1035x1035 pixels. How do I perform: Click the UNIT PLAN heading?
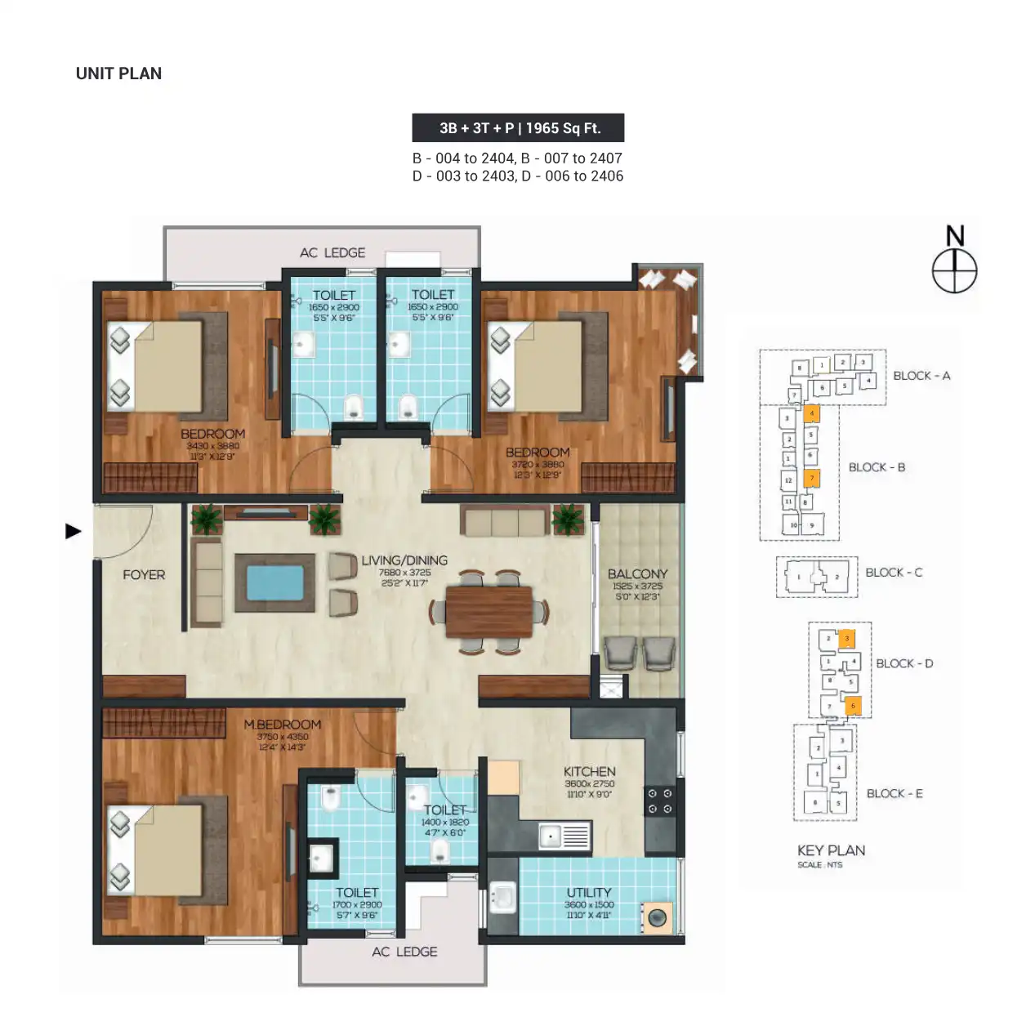[118, 74]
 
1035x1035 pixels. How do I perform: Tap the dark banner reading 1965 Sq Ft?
[518, 128]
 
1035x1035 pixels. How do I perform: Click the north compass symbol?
[954, 269]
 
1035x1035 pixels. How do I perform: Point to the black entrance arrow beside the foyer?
[74, 532]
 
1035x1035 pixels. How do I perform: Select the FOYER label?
[144, 575]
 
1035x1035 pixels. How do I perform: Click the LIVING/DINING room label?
[404, 560]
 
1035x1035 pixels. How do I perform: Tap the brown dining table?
[489, 612]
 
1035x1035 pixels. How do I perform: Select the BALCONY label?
[637, 574]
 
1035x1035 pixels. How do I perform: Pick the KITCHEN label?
[589, 772]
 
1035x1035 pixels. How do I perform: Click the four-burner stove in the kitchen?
[660, 801]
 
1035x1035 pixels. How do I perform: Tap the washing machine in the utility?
[657, 918]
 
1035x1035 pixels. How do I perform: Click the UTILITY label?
[589, 893]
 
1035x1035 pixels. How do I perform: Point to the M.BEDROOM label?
[282, 725]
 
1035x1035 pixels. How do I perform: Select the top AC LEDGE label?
[332, 253]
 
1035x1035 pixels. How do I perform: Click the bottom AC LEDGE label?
[404, 952]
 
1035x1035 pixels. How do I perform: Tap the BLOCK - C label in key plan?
[894, 573]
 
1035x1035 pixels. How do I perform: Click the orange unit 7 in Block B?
[811, 478]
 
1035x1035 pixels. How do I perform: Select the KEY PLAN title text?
[831, 850]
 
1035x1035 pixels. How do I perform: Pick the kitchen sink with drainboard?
[564, 836]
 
